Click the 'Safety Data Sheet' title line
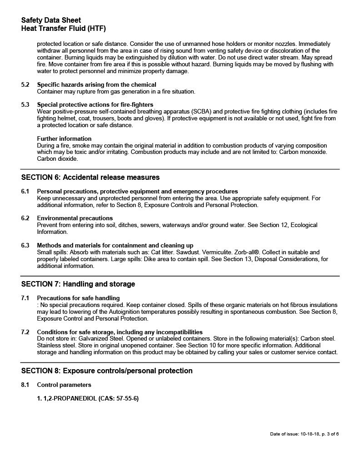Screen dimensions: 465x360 (x=51, y=20)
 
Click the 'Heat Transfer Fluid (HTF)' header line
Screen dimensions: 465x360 (x=63, y=29)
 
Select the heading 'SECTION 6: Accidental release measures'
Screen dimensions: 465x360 (x=90, y=177)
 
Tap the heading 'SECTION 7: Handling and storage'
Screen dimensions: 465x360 (x=78, y=284)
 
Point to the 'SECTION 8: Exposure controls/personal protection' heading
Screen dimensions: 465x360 (x=107, y=371)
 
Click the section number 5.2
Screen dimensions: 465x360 (x=25, y=85)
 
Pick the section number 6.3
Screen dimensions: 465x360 (x=25, y=246)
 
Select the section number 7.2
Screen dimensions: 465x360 (x=25, y=332)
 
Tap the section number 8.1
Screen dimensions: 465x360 (x=25, y=385)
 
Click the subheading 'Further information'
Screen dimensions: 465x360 (x=64, y=139)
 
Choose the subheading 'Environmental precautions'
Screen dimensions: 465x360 (x=75, y=218)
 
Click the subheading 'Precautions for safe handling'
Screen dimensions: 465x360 (x=78, y=298)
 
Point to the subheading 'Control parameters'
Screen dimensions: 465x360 (x=64, y=385)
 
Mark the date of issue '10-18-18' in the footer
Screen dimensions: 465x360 (x=310, y=434)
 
